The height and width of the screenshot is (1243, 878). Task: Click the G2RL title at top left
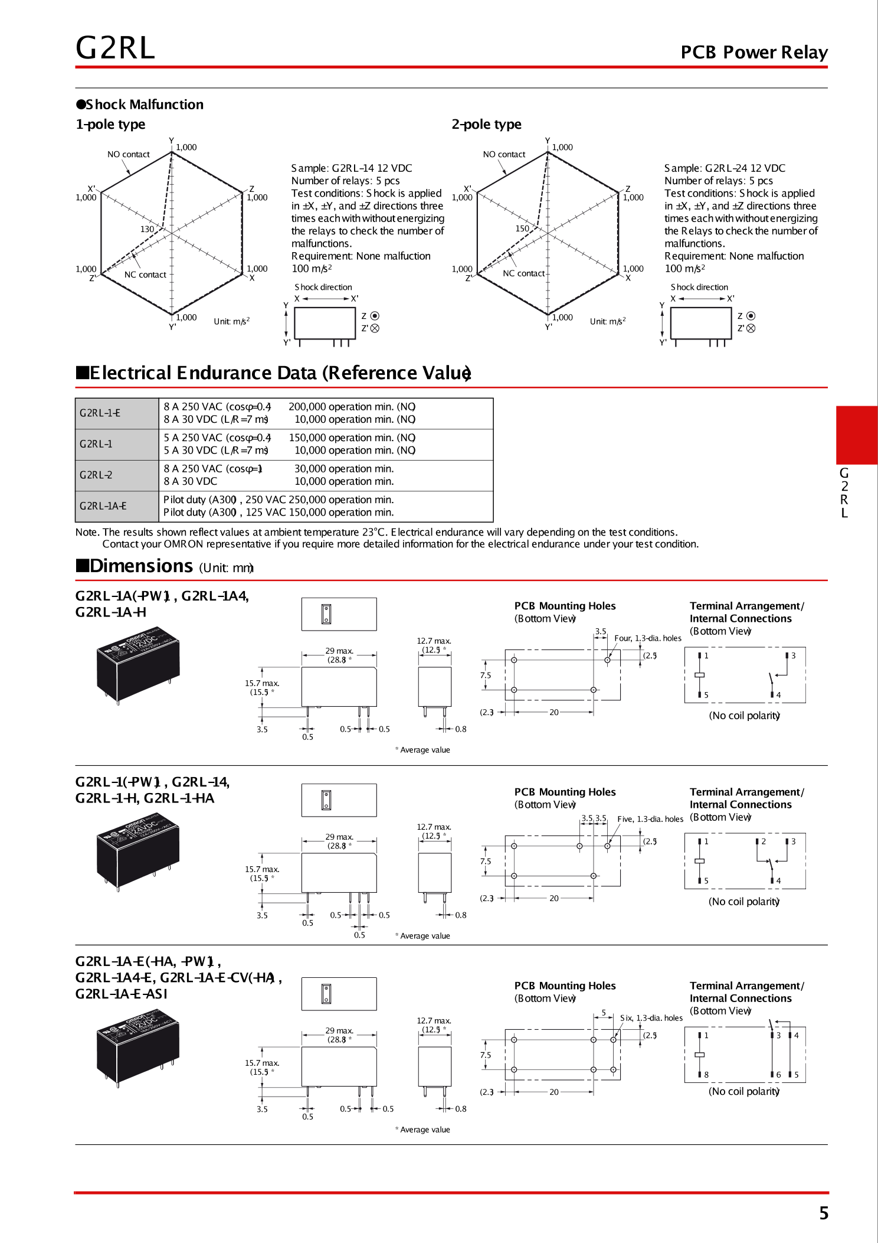(x=116, y=48)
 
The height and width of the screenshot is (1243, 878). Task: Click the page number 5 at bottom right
(x=824, y=1213)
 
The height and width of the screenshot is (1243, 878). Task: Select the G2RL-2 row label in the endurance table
(x=96, y=475)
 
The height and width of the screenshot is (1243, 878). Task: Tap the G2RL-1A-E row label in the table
(x=103, y=506)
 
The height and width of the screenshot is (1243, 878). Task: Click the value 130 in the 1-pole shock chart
(x=147, y=229)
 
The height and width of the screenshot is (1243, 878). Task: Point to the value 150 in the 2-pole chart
(x=522, y=229)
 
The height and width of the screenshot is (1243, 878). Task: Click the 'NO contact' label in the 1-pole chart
(x=129, y=155)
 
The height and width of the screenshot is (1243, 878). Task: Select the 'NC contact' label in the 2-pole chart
(x=523, y=273)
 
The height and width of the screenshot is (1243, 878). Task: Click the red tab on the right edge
(x=856, y=435)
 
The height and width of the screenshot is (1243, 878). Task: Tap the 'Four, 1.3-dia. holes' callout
(x=647, y=638)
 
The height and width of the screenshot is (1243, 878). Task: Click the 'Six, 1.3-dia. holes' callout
(x=651, y=1018)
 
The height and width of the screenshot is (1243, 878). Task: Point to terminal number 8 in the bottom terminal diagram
(x=706, y=1075)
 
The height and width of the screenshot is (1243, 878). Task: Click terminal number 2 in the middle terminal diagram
(x=763, y=841)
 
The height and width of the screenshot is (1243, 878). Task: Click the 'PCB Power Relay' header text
(x=753, y=53)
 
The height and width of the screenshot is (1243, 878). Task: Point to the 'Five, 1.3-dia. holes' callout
(x=650, y=819)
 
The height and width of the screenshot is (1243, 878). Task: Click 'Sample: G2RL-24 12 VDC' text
(x=725, y=168)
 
